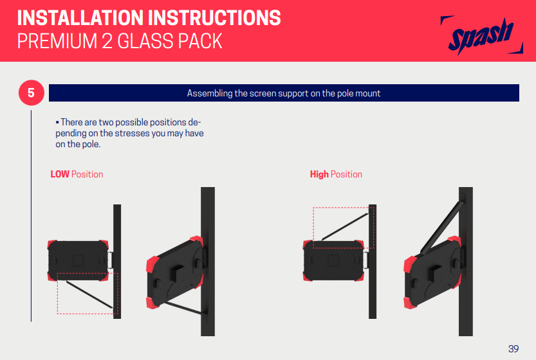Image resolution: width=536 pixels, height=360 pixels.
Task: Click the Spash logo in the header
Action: (482, 35)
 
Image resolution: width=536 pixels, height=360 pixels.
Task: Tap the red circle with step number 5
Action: (31, 93)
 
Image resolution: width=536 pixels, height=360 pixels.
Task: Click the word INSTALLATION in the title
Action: (80, 18)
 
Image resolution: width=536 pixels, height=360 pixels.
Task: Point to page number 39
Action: (513, 348)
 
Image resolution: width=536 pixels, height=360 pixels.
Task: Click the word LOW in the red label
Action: (60, 174)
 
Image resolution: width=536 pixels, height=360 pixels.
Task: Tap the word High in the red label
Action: (319, 174)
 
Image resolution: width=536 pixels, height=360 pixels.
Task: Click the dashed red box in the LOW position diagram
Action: (57, 294)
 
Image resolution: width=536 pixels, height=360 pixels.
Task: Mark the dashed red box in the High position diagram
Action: (313, 227)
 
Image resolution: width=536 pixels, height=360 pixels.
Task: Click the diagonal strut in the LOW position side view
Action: (89, 294)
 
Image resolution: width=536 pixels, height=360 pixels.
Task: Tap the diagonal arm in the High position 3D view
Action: (441, 228)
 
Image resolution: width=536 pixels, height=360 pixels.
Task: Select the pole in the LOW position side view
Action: (117, 261)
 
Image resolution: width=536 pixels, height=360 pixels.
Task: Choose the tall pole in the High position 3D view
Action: (466, 261)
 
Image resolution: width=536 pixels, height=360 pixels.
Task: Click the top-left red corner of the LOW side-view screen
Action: (51, 244)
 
